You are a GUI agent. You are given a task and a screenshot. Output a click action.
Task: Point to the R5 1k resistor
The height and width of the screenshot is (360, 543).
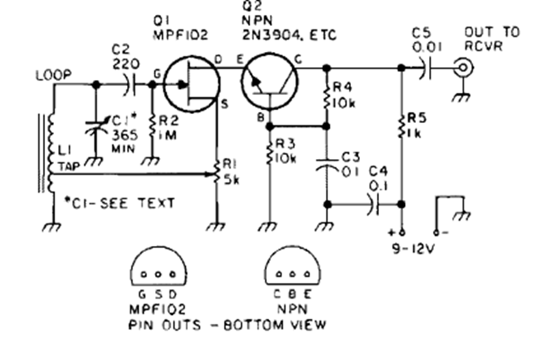[x=401, y=126]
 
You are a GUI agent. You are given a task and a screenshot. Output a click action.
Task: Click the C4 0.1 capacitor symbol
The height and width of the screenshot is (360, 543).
[x=372, y=204]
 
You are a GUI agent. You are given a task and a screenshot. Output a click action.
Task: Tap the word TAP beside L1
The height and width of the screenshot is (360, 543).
[x=70, y=165]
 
